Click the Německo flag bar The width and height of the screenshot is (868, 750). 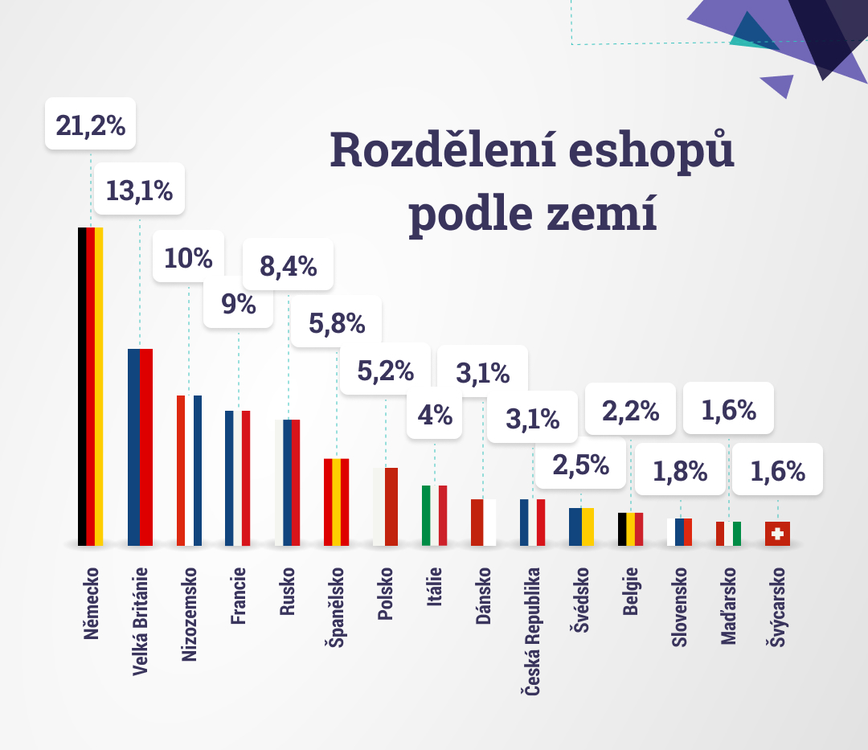click(x=90, y=386)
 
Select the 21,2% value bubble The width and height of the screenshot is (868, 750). click(x=90, y=125)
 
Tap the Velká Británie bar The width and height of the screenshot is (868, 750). click(x=140, y=447)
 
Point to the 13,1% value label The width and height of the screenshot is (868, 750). click(x=139, y=191)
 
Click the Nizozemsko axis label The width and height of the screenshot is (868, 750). click(x=190, y=614)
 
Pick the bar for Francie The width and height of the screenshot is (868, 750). click(x=238, y=477)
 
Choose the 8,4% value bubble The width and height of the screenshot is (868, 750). click(x=288, y=264)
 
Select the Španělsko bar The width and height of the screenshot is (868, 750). click(x=336, y=502)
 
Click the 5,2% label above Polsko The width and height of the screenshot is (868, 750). click(x=385, y=371)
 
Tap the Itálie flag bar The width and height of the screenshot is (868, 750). click(x=434, y=515)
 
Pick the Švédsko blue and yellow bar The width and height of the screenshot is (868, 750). click(x=581, y=527)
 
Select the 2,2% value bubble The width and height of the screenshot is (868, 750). click(x=631, y=411)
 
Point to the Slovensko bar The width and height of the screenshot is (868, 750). click(x=679, y=532)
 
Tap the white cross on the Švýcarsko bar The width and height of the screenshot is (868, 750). click(x=777, y=533)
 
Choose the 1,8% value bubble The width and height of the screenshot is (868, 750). click(x=680, y=471)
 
